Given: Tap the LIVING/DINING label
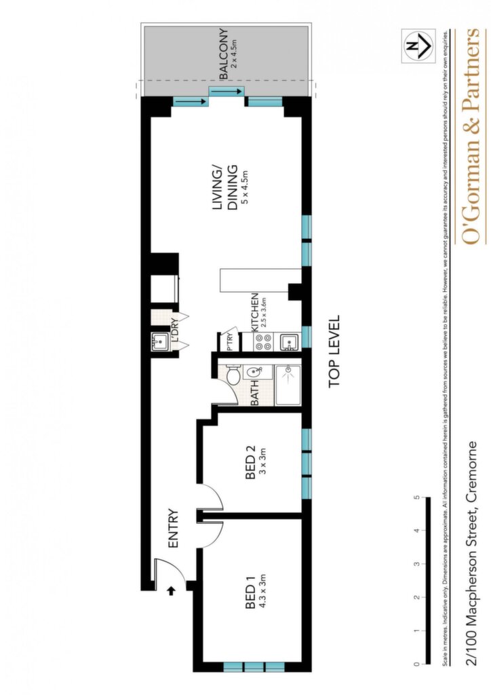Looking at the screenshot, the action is tap(226, 188).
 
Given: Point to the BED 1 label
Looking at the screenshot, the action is tap(250, 597).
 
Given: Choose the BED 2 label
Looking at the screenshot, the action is tap(250, 468).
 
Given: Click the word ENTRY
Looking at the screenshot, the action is tap(173, 528).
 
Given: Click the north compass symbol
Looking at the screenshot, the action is tap(418, 45).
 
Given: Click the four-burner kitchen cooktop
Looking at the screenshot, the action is tap(263, 341).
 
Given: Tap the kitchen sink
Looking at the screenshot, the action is tap(288, 342).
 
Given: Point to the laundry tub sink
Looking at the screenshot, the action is tap(160, 342).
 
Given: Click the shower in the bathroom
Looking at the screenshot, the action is tap(288, 386).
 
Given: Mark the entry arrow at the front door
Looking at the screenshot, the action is tap(172, 590).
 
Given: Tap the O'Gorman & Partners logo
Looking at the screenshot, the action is tap(470, 136).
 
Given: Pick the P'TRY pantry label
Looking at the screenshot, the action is tap(230, 343).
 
